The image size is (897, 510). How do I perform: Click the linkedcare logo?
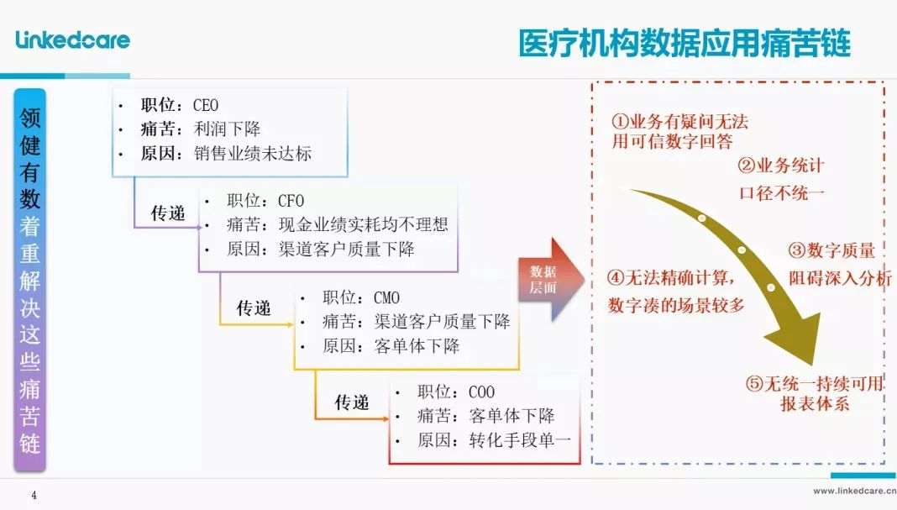pos(73,39)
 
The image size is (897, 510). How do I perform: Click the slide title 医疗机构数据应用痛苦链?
pos(685,44)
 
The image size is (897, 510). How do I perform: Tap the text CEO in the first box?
pos(206,105)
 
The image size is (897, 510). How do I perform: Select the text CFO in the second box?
pos(291,201)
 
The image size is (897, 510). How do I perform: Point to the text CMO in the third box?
pos(386,297)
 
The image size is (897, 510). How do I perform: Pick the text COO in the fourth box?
pos(482,392)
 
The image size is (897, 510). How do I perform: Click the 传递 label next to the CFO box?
pos(168,213)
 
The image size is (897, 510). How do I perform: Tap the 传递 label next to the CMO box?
pos(254,308)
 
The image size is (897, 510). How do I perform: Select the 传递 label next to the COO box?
pos(352,402)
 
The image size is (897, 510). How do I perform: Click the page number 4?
pos(34,495)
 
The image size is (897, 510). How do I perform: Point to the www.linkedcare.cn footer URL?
pos(855,491)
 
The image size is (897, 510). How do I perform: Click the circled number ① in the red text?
pos(620,121)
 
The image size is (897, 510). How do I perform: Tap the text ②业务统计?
pos(781,166)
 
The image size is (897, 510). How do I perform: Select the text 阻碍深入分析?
pos(841,278)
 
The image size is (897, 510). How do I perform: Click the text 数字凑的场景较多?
pos(676,305)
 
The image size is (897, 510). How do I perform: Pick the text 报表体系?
pos(815,403)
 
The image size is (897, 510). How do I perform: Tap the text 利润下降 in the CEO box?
pos(227,129)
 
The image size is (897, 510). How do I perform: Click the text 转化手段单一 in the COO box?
pos(520,440)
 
